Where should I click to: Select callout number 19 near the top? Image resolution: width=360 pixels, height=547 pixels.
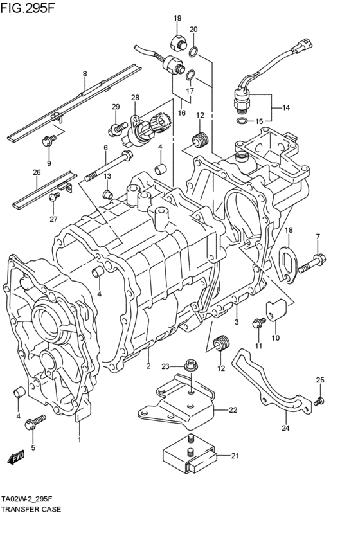click(177, 18)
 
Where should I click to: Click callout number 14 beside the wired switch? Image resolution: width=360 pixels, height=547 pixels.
click(286, 108)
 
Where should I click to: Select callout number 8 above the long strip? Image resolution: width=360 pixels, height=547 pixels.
click(84, 75)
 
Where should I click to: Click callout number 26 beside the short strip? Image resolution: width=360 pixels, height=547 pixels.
click(37, 172)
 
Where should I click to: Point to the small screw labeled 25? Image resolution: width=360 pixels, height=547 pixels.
click(319, 402)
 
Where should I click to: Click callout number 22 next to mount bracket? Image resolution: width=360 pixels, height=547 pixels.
click(233, 410)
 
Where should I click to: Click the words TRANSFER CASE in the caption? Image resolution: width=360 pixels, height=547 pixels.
click(32, 509)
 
